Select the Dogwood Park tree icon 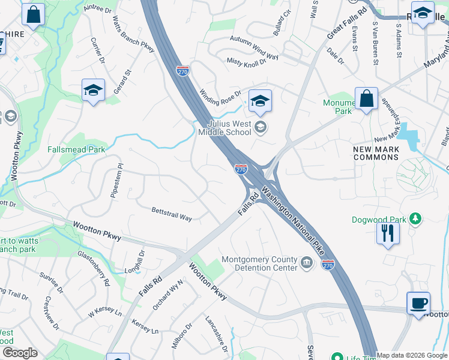point(414,218)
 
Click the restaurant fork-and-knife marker point(388,233)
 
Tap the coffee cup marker point(418,303)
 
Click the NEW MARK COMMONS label point(376,153)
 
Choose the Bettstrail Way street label point(172,214)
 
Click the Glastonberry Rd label point(94,268)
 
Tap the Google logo point(20,353)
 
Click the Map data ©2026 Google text point(412,355)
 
